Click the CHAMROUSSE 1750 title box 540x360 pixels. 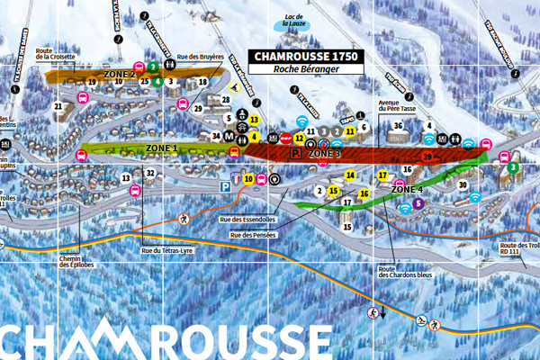click(x=306, y=56)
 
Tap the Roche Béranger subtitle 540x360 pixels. click(x=306, y=69)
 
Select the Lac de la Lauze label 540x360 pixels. click(x=289, y=22)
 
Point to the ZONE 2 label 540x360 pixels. click(x=119, y=75)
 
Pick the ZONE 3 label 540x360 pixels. click(x=324, y=155)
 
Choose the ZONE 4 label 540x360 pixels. click(x=407, y=190)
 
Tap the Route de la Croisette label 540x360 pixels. click(x=57, y=53)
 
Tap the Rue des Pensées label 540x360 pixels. click(x=252, y=235)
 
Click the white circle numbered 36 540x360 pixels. click(x=397, y=126)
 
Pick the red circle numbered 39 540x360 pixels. click(x=427, y=157)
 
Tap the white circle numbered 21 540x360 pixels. click(x=59, y=106)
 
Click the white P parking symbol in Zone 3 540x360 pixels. click(x=295, y=154)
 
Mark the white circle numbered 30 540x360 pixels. click(x=463, y=184)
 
